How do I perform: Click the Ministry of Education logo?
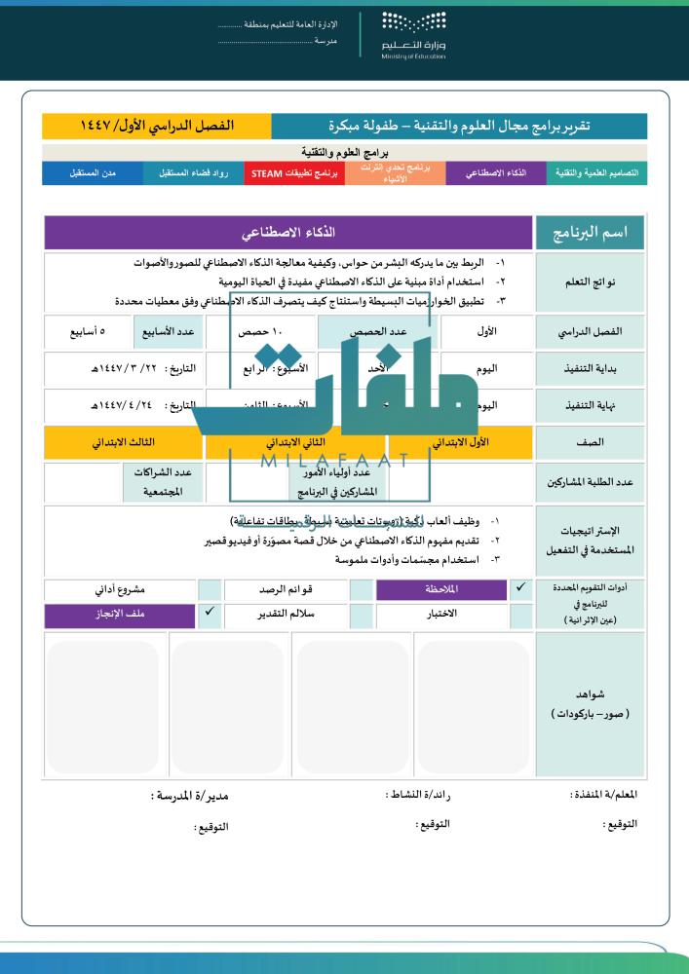(414, 36)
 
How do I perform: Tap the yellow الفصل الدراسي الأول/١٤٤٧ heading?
(156, 127)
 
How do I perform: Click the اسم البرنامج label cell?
(591, 234)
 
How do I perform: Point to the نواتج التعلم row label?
(591, 281)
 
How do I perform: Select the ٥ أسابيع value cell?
(88, 332)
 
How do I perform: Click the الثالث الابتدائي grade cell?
(123, 442)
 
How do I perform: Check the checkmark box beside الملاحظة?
(520, 589)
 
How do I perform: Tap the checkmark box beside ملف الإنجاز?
(210, 615)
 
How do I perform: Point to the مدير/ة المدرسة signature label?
(185, 796)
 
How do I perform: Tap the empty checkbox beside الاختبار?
(361, 615)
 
